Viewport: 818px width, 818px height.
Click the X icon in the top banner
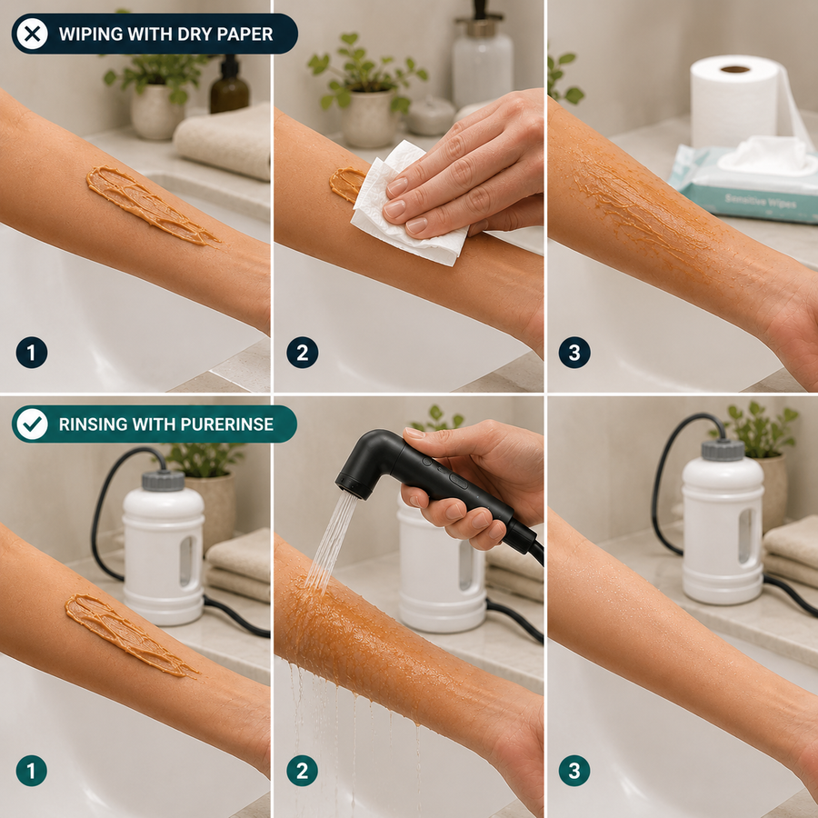[x=32, y=34]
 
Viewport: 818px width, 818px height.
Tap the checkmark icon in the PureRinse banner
[x=32, y=424]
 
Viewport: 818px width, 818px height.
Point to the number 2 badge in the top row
[x=302, y=353]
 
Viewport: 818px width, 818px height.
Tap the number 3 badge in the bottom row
[x=574, y=771]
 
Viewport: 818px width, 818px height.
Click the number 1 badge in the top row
[x=31, y=353]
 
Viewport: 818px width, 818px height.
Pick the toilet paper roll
[x=741, y=102]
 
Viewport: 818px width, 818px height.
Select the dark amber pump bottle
[x=230, y=86]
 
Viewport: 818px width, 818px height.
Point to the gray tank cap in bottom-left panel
[x=164, y=480]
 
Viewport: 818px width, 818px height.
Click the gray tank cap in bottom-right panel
[x=723, y=450]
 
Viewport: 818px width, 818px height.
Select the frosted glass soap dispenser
[x=482, y=60]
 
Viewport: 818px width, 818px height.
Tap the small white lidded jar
[x=431, y=115]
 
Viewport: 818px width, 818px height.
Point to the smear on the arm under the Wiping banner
[x=153, y=205]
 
